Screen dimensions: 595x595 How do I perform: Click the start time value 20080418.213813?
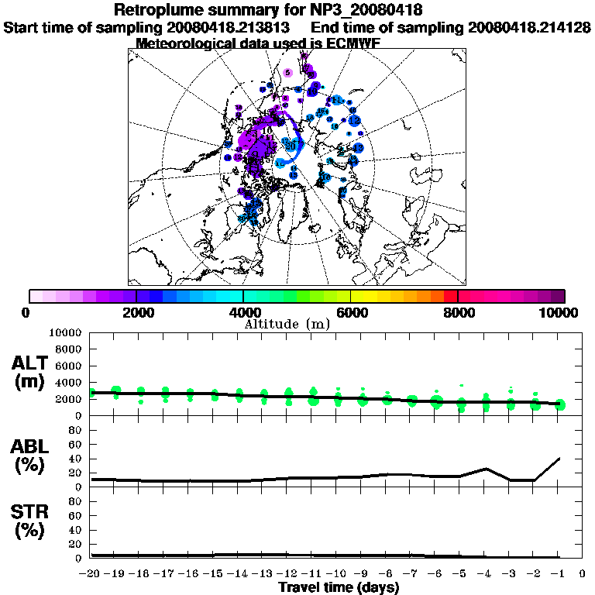234,28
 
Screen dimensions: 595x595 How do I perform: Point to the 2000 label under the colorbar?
136,313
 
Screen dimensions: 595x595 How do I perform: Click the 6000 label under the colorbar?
351,313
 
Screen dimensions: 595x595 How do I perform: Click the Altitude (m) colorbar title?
287,324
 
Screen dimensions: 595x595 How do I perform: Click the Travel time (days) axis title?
339,588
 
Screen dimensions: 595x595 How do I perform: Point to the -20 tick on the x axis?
91,574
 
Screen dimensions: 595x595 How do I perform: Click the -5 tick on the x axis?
461,574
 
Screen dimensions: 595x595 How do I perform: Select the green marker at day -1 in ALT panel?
560,404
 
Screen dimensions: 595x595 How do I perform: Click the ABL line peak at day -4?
486,469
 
